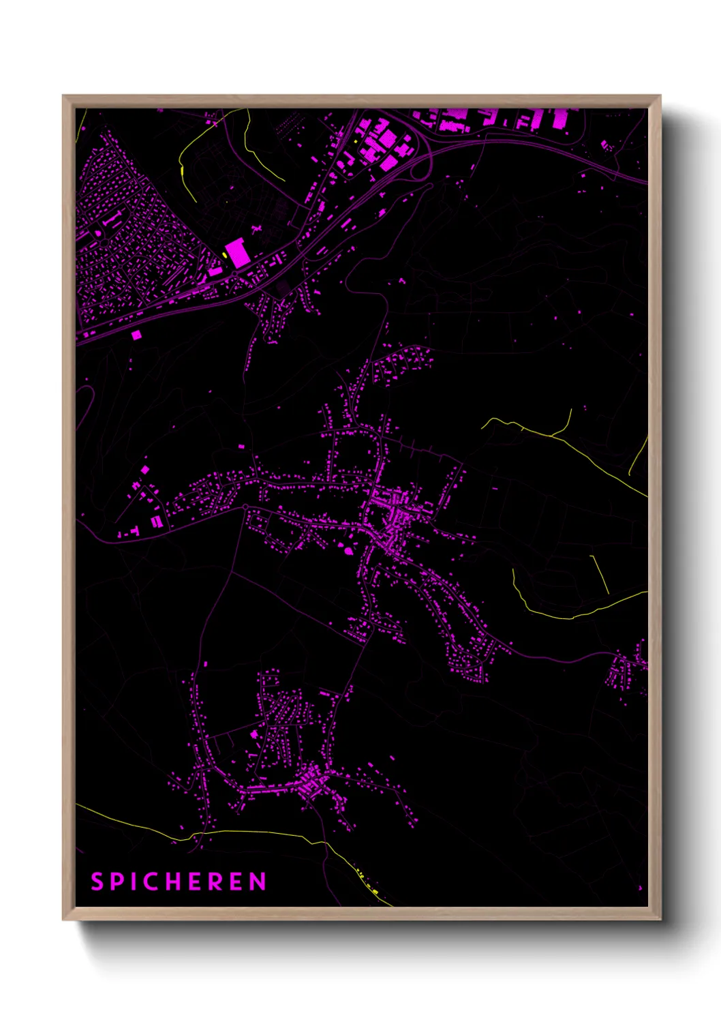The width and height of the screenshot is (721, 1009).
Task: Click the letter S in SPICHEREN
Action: [x=97, y=882]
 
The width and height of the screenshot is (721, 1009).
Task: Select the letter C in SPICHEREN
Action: [x=155, y=882]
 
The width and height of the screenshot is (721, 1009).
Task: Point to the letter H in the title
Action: [x=178, y=882]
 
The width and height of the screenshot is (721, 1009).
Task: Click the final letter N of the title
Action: [x=258, y=882]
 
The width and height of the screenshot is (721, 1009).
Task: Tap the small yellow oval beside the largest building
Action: [x=224, y=255]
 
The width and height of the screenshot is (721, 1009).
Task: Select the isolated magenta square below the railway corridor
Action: [x=136, y=335]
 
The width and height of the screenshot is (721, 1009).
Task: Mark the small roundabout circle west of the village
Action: [x=245, y=507]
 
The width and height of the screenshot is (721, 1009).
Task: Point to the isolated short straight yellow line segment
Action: [x=599, y=574]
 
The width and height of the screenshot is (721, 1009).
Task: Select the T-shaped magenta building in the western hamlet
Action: [x=134, y=530]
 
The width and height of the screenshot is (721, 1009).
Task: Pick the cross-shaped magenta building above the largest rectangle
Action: [x=258, y=230]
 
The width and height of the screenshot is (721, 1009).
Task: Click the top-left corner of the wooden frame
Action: [x=64, y=97]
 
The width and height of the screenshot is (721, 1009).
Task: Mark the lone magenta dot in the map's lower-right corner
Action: [x=640, y=888]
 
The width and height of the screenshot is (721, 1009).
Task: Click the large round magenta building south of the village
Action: [x=350, y=549]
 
